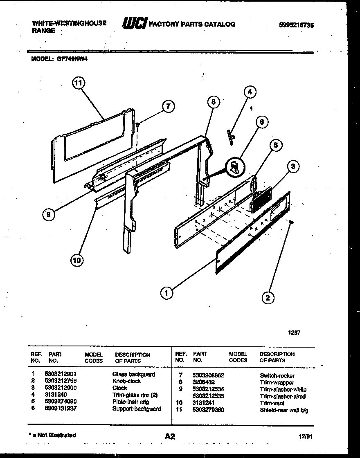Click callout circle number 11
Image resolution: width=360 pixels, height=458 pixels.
pyautogui.click(x=78, y=83)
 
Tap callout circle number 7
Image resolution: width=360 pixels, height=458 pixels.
pyautogui.click(x=168, y=106)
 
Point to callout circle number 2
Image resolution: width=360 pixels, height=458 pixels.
pyautogui.click(x=268, y=298)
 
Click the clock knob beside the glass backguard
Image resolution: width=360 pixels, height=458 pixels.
pyautogui.click(x=292, y=222)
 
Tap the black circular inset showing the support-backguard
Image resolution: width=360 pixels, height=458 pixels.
pyautogui.click(x=235, y=166)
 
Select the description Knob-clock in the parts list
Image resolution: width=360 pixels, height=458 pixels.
pyautogui.click(x=126, y=381)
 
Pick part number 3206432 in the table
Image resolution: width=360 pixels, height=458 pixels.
pyautogui.click(x=203, y=382)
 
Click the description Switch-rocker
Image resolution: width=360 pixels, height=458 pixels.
pyautogui.click(x=277, y=375)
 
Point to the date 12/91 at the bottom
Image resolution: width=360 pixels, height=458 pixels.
pyautogui.click(x=306, y=436)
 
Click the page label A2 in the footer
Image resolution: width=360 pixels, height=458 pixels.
pyautogui.click(x=170, y=437)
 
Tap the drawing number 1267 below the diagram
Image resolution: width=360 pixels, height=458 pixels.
pyautogui.click(x=294, y=332)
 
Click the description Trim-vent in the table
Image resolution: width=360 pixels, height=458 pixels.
pyautogui.click(x=271, y=403)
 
